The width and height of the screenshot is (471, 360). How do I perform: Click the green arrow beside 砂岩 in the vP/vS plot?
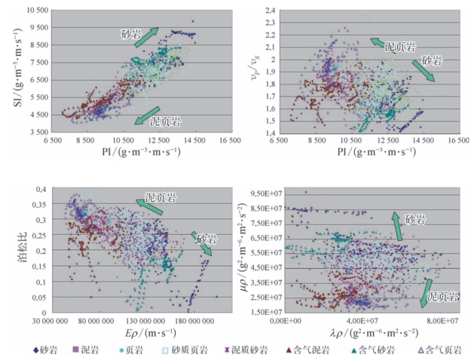424,69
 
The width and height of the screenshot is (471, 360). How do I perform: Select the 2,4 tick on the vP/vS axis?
269,11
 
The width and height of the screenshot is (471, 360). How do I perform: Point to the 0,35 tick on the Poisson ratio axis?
35,204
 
